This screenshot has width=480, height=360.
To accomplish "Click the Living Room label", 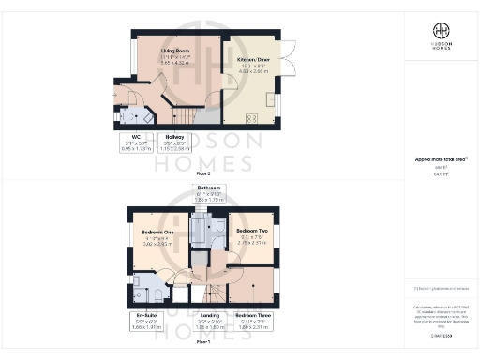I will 170,53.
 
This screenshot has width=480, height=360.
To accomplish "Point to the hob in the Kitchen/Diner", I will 250,118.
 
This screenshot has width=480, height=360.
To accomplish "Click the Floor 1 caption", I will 202,343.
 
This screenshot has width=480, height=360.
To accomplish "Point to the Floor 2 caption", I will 202,173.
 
